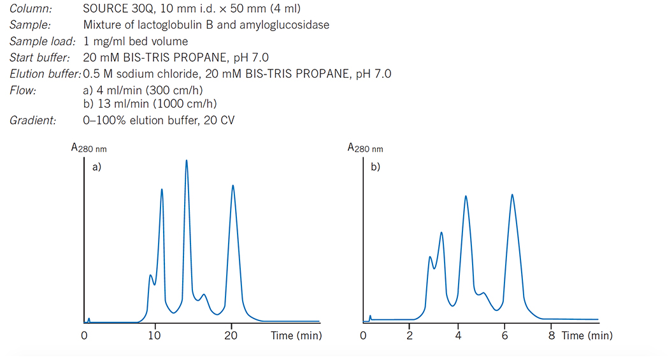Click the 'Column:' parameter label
click(31, 10)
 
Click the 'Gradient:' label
click(32, 120)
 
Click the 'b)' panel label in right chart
click(375, 169)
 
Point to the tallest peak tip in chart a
click(187, 160)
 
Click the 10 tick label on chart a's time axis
click(155, 336)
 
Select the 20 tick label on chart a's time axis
click(231, 336)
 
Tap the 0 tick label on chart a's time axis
click(84, 336)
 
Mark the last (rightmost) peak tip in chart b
click(512, 194)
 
